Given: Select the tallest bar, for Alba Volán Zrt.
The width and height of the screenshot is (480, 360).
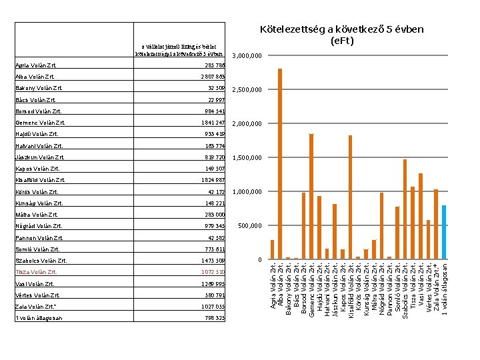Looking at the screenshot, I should click(280, 163).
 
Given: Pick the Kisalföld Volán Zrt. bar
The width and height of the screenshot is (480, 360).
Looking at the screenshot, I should click(351, 197).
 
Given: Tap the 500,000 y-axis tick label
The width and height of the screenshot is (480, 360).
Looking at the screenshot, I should click(250, 226).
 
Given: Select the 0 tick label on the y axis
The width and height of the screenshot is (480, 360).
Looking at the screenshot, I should click(261, 260).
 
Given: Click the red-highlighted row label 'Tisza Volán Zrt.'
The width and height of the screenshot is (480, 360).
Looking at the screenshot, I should click(37, 272).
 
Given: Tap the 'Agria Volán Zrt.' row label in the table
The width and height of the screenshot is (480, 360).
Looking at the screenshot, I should click(37, 66).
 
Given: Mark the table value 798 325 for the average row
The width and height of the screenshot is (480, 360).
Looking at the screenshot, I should click(215, 318).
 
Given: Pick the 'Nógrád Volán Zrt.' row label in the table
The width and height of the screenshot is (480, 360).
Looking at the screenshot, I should click(39, 226).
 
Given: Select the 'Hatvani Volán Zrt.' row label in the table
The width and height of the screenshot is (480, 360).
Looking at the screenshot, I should click(39, 145).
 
